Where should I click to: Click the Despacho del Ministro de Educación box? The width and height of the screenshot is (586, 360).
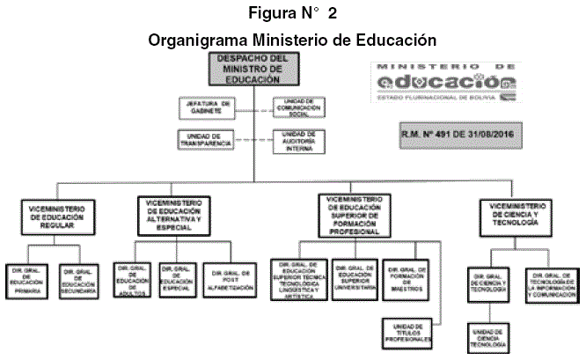tap(253, 70)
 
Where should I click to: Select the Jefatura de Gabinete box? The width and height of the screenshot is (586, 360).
tap(208, 107)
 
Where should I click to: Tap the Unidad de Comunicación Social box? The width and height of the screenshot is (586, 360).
tap(299, 107)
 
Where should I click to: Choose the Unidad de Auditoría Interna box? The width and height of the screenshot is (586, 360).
tap(299, 141)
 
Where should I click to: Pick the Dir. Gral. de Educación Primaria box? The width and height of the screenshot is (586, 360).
tap(27, 279)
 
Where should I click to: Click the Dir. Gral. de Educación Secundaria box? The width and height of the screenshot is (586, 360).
tap(80, 279)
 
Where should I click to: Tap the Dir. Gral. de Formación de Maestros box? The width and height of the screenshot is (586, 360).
tap(407, 279)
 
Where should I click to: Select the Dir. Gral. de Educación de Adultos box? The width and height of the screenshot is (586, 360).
tap(134, 279)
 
